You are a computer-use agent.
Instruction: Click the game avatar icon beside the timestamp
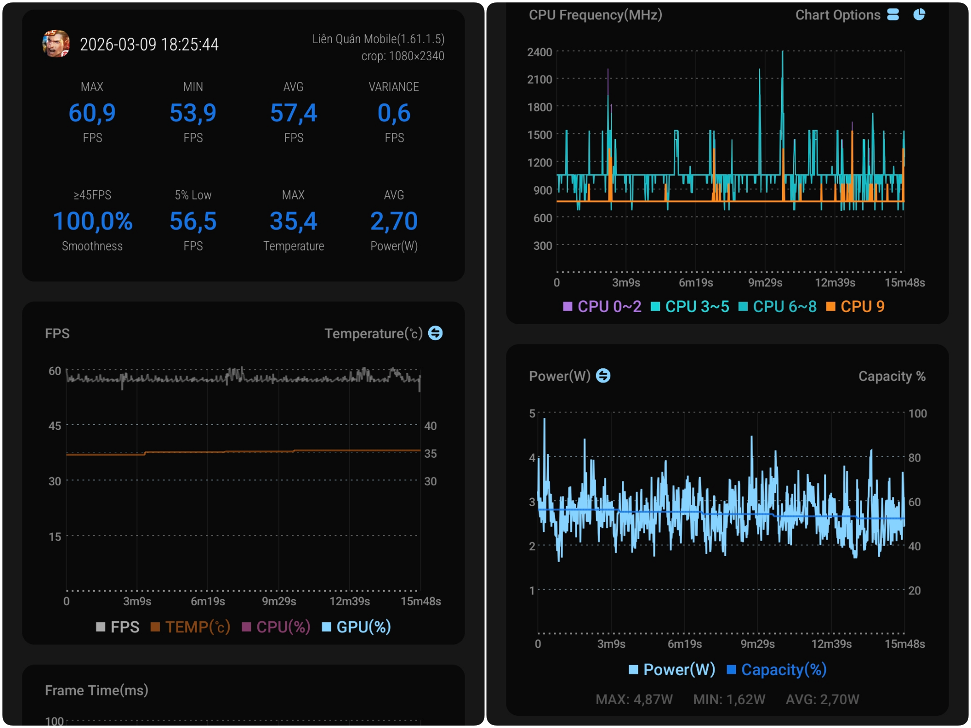[x=56, y=44]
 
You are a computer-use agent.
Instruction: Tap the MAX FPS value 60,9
[x=92, y=113]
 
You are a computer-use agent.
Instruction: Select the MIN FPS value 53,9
[x=193, y=113]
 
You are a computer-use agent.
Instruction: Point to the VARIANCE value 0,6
[x=394, y=113]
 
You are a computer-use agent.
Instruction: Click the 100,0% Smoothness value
[x=92, y=221]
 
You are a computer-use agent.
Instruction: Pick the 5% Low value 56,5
[x=193, y=221]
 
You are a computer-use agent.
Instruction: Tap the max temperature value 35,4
[x=293, y=221]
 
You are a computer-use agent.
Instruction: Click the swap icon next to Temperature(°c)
[x=435, y=333]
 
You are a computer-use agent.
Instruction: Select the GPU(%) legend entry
[x=357, y=627]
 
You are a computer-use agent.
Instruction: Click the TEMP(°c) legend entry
[x=191, y=627]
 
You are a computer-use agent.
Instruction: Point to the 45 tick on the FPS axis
[x=55, y=426]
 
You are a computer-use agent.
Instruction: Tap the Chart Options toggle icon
[x=893, y=15]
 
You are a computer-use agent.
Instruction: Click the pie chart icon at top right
[x=919, y=15]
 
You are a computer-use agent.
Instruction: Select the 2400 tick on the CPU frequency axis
[x=539, y=52]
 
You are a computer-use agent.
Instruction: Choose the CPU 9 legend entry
[x=855, y=307]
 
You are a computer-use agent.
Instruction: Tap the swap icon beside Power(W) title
[x=603, y=376]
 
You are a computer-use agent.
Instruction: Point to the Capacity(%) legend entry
[x=777, y=670]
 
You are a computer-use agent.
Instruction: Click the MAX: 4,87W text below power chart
[x=634, y=699]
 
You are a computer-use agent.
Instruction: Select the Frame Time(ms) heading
[x=97, y=690]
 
